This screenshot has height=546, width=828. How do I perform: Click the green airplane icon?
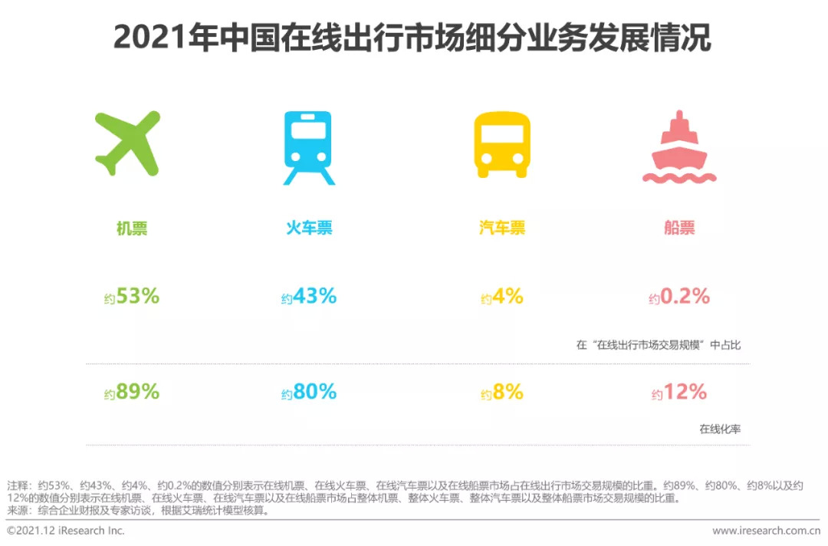pyautogui.click(x=128, y=143)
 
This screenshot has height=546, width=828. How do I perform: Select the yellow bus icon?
pyautogui.click(x=502, y=145)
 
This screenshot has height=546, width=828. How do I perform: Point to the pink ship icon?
pyautogui.click(x=679, y=147)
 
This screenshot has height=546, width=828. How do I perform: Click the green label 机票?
pyautogui.click(x=132, y=228)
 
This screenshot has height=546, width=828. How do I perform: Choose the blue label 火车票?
pyautogui.click(x=310, y=228)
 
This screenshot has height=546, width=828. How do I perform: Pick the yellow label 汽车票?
pyautogui.click(x=502, y=228)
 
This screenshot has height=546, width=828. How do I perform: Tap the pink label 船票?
pyautogui.click(x=679, y=228)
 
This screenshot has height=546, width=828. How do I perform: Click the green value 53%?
pyautogui.click(x=137, y=295)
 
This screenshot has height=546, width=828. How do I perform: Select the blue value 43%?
pyautogui.click(x=314, y=295)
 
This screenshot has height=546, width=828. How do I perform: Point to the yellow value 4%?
pyautogui.click(x=508, y=295)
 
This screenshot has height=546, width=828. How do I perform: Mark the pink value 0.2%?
pyautogui.click(x=685, y=295)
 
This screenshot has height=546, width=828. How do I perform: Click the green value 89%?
pyautogui.click(x=137, y=391)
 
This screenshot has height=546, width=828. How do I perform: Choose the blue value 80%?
pyautogui.click(x=314, y=391)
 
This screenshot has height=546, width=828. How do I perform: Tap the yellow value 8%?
pyautogui.click(x=508, y=391)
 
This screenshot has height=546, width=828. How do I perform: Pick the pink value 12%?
pyautogui.click(x=685, y=391)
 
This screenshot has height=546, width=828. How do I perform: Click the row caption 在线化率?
pyautogui.click(x=720, y=429)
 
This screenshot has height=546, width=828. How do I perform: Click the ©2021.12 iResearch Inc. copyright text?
pyautogui.click(x=66, y=531)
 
